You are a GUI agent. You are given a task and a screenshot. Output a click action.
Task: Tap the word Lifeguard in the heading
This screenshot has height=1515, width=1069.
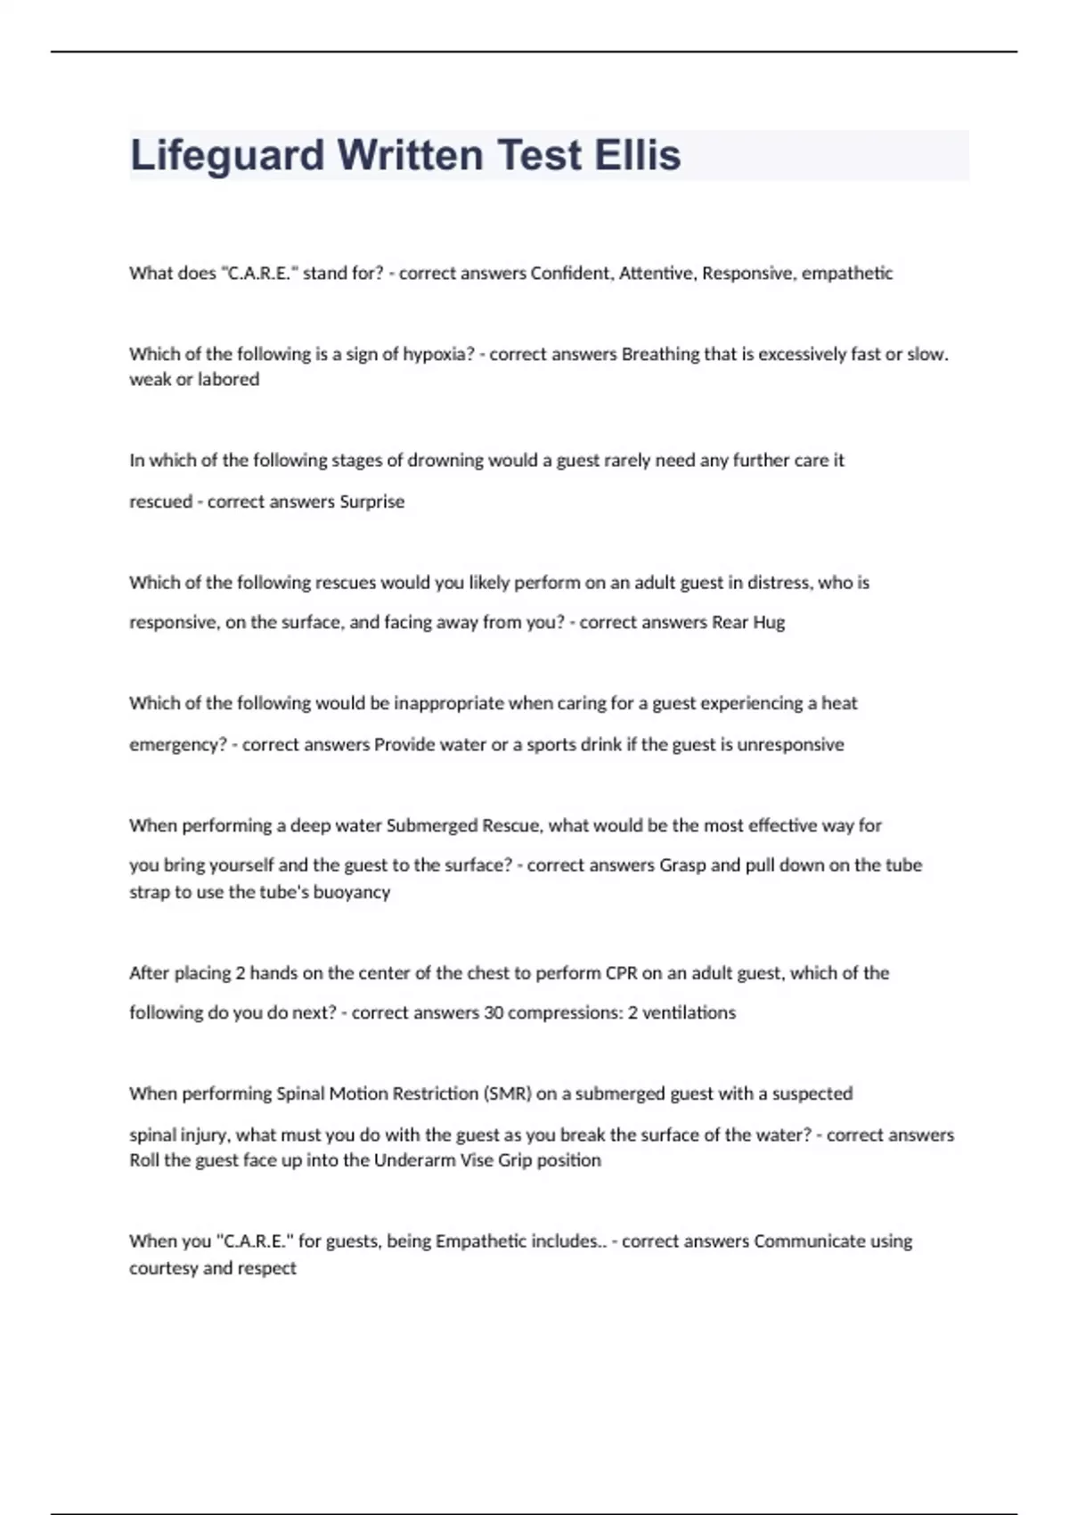coord(227,155)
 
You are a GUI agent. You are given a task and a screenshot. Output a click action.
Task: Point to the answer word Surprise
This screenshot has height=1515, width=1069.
coord(372,502)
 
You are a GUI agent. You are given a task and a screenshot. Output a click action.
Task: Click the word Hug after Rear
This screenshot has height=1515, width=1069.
coord(769,622)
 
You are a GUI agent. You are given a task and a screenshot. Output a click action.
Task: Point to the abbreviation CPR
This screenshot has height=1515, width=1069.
coord(622,973)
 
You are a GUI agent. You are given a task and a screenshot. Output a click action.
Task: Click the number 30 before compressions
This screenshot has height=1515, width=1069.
coord(494,1012)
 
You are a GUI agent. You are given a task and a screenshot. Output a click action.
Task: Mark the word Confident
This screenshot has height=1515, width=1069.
coord(570,274)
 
